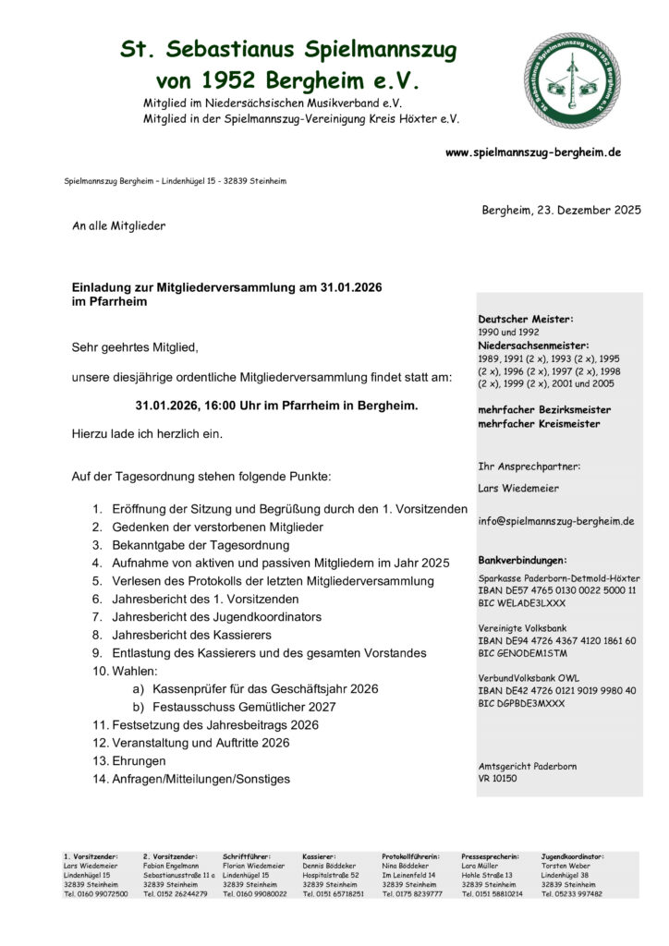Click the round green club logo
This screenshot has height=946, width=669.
pos(572,80)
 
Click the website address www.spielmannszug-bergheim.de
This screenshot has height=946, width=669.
pos(533,152)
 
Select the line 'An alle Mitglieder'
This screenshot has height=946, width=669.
pos(118,225)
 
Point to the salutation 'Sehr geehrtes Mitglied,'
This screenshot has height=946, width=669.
pos(135,347)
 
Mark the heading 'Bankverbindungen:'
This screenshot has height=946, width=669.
pos(522,560)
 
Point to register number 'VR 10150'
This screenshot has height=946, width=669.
pos(498,779)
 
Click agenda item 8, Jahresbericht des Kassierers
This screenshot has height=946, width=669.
pos(191,635)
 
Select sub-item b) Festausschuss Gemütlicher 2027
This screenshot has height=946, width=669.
pos(244,707)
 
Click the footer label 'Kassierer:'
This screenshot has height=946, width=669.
pos(319,856)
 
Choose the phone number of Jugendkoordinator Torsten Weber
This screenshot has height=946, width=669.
pos(571,893)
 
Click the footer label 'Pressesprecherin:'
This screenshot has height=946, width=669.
pos(490,856)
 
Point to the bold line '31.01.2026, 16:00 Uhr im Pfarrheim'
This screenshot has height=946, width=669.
pos(276,406)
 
